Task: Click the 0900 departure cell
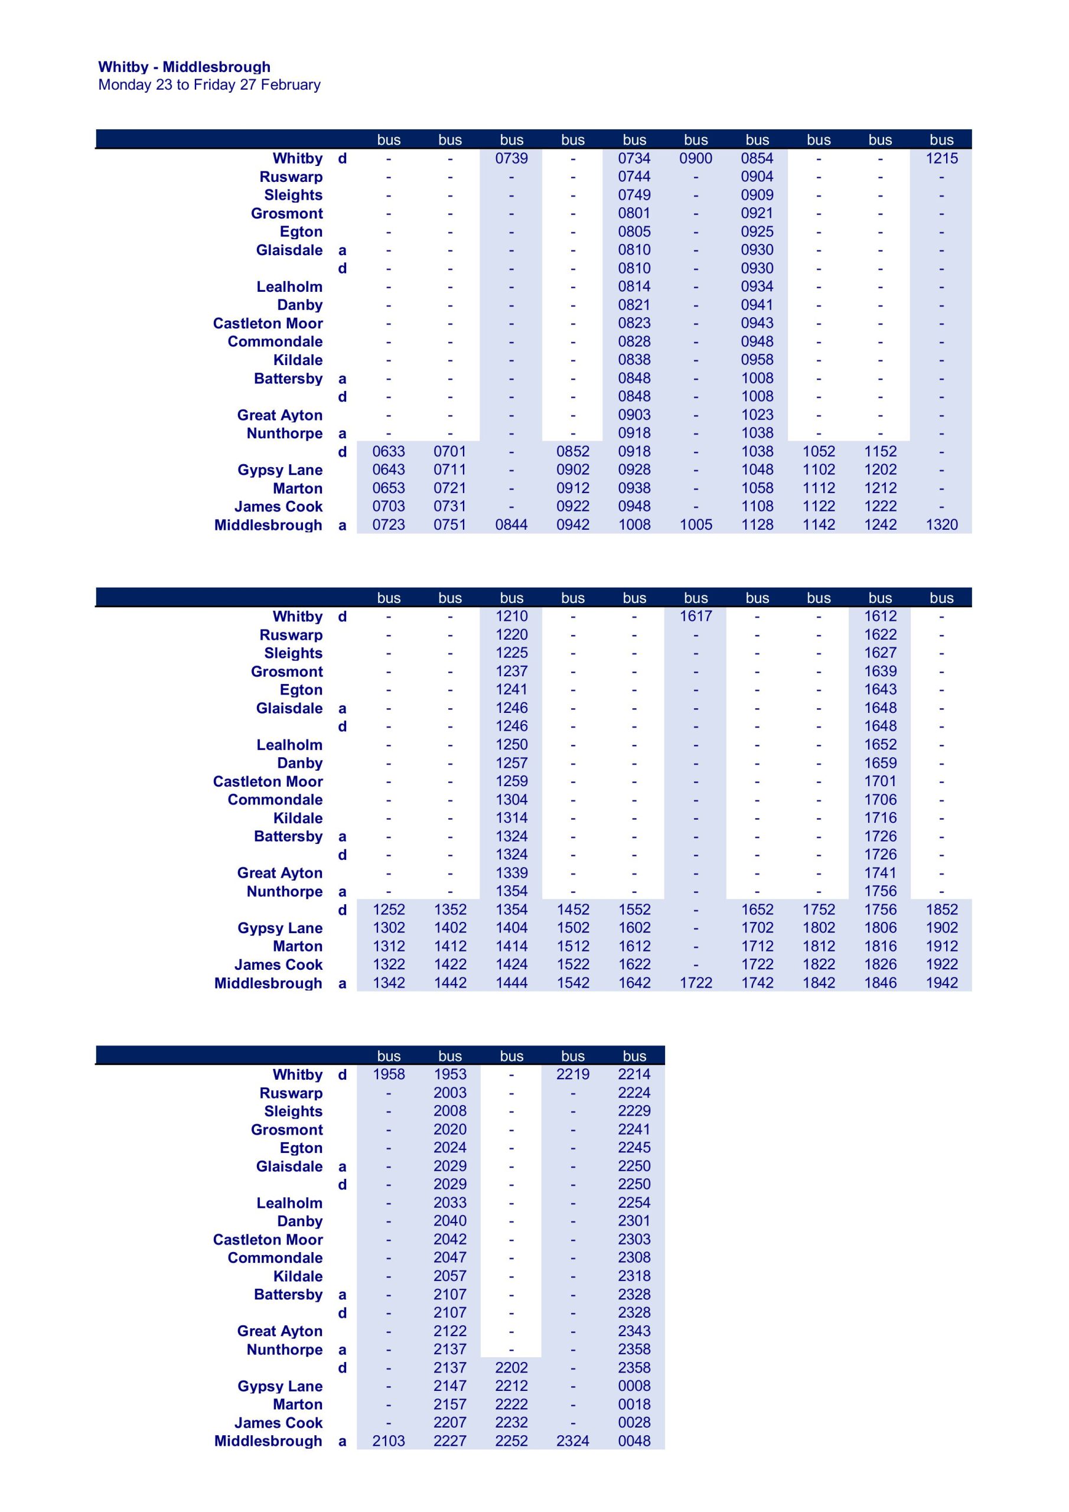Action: click(696, 158)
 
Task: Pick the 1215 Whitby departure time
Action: click(941, 158)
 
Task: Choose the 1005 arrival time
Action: click(696, 525)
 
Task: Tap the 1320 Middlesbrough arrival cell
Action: click(941, 525)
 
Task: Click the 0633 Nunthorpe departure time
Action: click(389, 451)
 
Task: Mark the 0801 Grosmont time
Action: click(634, 213)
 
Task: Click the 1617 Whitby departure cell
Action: click(696, 616)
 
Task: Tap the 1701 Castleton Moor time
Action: click(880, 781)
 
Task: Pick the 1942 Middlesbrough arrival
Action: click(941, 983)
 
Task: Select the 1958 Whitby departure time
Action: click(389, 1074)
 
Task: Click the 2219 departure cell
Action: click(572, 1074)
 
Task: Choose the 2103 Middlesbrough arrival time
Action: click(389, 1441)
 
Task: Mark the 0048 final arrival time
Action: click(634, 1441)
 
